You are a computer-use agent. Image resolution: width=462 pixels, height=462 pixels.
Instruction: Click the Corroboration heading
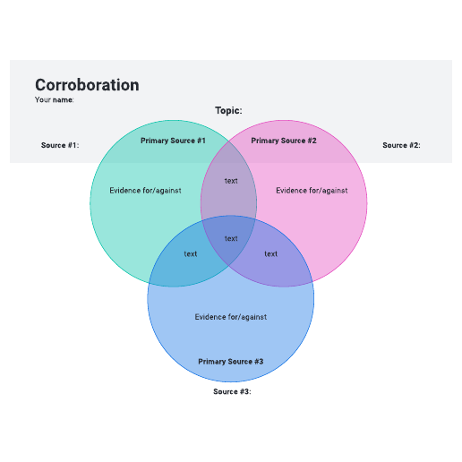(x=87, y=85)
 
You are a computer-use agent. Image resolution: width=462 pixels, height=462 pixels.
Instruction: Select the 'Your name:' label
(x=54, y=99)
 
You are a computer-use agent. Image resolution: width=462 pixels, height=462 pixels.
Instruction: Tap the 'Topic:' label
(x=228, y=110)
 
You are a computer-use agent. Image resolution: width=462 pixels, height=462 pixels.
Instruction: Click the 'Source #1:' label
(x=60, y=145)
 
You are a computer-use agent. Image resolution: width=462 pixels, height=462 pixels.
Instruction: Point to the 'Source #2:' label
(x=401, y=145)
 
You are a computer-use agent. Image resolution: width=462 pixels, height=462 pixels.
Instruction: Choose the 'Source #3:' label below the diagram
(x=232, y=391)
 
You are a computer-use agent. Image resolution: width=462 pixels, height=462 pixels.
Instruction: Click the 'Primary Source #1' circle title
(x=173, y=141)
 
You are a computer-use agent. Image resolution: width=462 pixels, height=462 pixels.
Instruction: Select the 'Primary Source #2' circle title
(x=284, y=141)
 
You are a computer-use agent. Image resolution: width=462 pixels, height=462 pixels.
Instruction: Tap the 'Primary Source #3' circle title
(x=231, y=362)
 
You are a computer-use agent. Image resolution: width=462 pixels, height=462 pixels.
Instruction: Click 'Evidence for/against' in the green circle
(x=145, y=191)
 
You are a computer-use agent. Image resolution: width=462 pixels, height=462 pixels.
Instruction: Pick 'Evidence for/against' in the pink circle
(x=312, y=191)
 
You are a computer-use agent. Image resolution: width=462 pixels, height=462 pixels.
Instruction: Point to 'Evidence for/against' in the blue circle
(x=231, y=317)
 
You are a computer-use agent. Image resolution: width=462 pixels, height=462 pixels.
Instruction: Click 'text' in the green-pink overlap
(x=231, y=181)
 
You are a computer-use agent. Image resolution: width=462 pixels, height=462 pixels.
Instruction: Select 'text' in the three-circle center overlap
(x=231, y=239)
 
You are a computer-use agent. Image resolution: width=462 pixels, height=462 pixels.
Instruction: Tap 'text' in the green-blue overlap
(x=191, y=254)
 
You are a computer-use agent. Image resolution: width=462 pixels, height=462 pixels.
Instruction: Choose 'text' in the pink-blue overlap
(x=271, y=254)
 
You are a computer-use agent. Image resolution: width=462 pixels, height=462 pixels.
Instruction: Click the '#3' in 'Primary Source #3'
(x=259, y=362)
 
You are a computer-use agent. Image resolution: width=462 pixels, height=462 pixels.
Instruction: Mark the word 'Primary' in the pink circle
(x=262, y=141)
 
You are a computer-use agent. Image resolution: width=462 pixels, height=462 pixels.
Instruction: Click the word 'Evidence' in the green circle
(x=123, y=191)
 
